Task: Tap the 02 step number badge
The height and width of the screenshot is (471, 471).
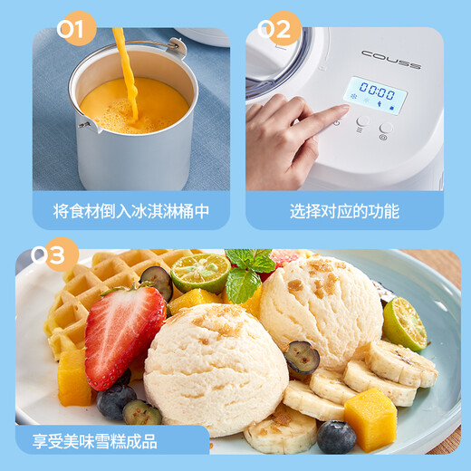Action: click(279, 31)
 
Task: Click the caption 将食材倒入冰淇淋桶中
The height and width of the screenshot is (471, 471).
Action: click(131, 211)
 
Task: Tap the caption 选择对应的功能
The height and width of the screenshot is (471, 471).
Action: click(344, 211)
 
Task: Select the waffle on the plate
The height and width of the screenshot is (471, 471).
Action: click(86, 290)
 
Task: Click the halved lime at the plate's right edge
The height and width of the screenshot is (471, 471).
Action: click(404, 322)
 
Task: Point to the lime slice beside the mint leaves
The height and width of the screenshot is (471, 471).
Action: click(200, 272)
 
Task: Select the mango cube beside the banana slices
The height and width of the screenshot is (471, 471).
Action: click(370, 418)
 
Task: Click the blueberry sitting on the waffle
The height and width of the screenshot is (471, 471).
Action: click(157, 282)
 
